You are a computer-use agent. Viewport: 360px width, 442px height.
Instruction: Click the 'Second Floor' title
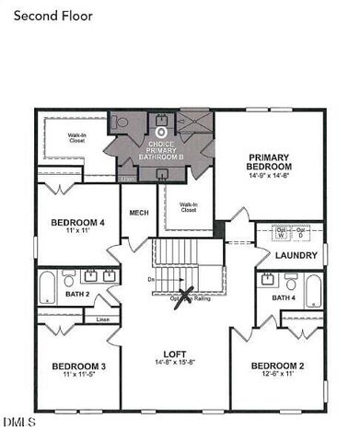coord(53,15)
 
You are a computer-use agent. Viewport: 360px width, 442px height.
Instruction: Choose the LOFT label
coord(175,353)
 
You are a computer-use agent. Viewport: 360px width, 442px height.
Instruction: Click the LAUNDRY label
coord(296,255)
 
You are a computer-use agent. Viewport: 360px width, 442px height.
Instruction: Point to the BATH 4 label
coord(284,298)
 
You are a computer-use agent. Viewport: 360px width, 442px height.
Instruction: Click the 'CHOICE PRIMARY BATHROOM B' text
coord(160,151)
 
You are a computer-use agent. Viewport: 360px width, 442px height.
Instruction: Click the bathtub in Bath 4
coord(314,291)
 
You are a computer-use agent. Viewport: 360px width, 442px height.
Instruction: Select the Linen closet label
coord(101,319)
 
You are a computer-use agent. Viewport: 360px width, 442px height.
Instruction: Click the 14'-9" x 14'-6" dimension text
coord(268,177)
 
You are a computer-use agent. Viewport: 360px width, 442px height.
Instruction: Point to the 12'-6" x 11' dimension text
coord(277,376)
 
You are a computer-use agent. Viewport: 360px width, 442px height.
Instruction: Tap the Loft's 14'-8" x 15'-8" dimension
coord(175,363)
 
